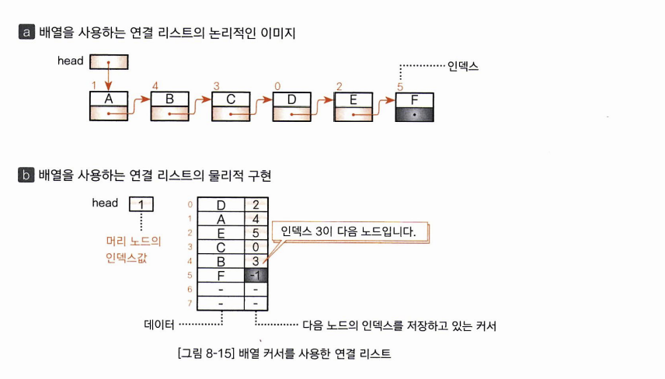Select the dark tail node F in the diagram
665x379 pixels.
414,107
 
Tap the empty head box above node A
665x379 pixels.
109,61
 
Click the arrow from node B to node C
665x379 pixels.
200,105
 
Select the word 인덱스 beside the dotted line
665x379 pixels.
463,67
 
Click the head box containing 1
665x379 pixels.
141,203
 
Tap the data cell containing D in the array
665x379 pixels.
221,205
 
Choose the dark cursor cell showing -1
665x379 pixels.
256,275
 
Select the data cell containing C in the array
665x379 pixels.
221,247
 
